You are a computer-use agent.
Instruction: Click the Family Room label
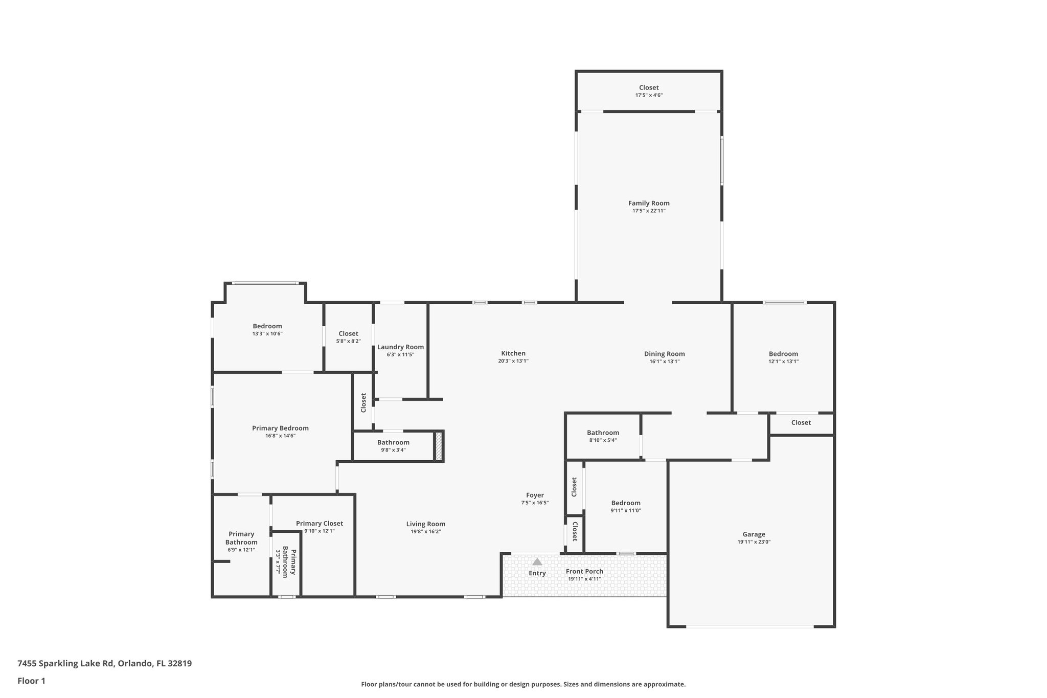[x=648, y=203]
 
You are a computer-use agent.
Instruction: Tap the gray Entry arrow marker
[x=537, y=561]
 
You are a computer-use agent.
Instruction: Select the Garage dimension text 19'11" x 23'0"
[x=754, y=542]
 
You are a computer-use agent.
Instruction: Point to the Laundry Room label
[x=400, y=347]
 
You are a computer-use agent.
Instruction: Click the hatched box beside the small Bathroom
[x=438, y=446]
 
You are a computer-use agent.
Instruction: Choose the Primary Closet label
[x=319, y=523]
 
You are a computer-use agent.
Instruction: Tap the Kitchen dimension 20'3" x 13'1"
[x=513, y=361]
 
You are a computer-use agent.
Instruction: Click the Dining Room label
[x=664, y=354]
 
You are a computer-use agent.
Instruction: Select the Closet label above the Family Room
[x=648, y=87]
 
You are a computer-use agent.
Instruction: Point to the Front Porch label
[x=584, y=571]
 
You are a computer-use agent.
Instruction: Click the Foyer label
[x=535, y=495]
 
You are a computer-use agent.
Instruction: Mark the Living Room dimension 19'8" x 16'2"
[x=425, y=532]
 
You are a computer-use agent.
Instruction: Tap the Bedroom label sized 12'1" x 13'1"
[x=783, y=354]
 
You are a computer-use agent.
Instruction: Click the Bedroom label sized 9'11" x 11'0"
[x=625, y=503]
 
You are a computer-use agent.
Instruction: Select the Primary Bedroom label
[x=280, y=428]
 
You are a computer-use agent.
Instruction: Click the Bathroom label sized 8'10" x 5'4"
[x=603, y=433]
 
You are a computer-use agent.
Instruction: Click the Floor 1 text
[x=31, y=681]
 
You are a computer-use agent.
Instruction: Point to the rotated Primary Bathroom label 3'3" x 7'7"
[x=286, y=561]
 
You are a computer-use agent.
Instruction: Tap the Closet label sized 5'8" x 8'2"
[x=348, y=333]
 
